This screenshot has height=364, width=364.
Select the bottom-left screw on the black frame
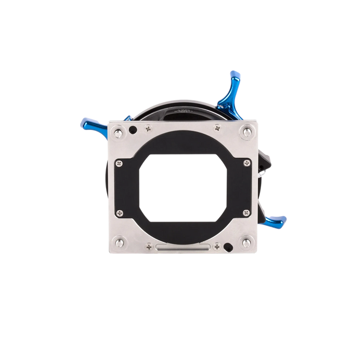120,212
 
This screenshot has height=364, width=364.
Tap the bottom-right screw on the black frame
243,212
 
